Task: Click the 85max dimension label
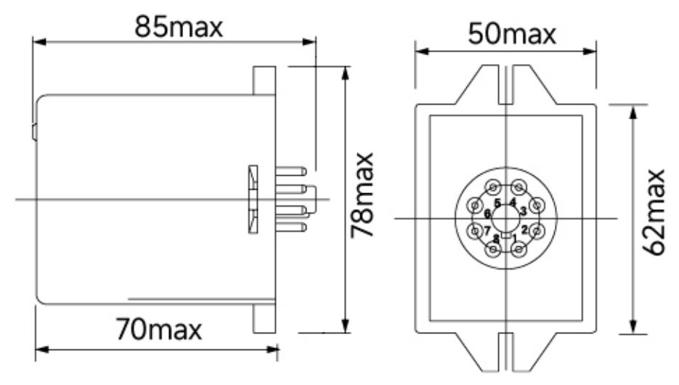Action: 179,26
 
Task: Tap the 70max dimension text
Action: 158,329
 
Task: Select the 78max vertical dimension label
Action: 362,195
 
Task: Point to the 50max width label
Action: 512,34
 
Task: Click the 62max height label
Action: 654,212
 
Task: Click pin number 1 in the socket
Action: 515,238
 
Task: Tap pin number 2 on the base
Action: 524,230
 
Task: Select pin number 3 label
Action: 523,211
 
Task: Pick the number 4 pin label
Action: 513,202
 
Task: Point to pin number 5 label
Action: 497,203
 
